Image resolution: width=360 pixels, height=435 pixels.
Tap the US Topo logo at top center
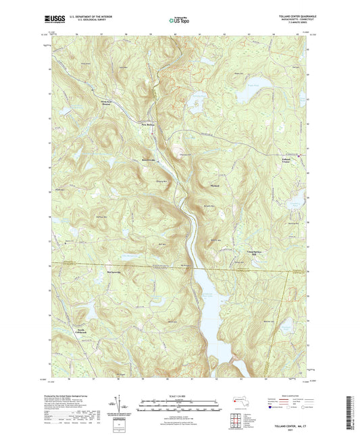[179, 21]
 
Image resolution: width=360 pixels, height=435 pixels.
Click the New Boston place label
[148, 124]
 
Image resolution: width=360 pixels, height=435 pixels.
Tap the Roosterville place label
[149, 160]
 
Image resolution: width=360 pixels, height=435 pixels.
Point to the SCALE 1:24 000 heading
[179, 390]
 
